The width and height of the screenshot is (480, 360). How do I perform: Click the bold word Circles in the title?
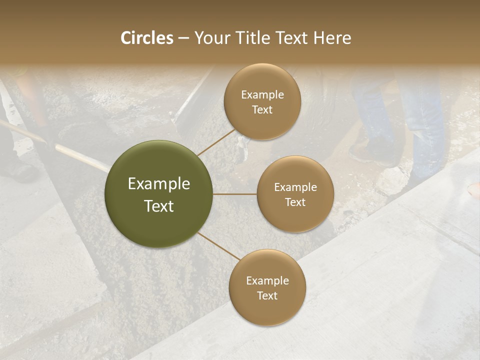pyautogui.click(x=147, y=38)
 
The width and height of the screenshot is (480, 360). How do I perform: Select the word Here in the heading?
pyautogui.click(x=332, y=38)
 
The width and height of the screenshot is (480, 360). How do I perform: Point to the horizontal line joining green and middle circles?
pyautogui.click(x=234, y=194)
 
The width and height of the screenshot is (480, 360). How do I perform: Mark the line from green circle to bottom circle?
pyautogui.click(x=217, y=246)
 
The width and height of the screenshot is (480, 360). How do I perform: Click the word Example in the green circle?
pyautogui.click(x=159, y=184)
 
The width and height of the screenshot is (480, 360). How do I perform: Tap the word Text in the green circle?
pyautogui.click(x=159, y=206)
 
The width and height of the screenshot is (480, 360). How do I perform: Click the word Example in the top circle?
pyautogui.click(x=262, y=95)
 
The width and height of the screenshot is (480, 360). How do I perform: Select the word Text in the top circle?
pyautogui.click(x=262, y=110)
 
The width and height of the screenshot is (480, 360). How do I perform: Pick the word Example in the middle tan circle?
pyautogui.click(x=295, y=187)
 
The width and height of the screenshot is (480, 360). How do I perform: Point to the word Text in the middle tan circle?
pyautogui.click(x=295, y=202)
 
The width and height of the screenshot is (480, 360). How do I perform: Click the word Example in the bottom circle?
pyautogui.click(x=267, y=281)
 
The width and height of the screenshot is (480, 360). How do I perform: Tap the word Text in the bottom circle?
pyautogui.click(x=267, y=296)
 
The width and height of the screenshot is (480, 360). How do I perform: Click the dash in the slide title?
pyautogui.click(x=183, y=38)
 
